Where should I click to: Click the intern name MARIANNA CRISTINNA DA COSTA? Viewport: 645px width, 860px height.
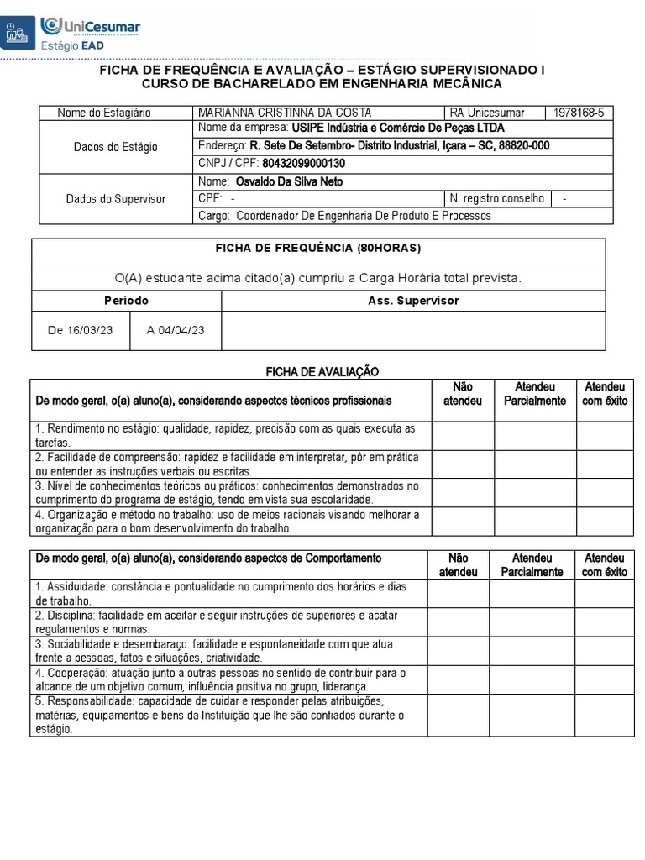pos(285,113)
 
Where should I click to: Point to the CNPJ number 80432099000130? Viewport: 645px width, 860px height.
pos(303,164)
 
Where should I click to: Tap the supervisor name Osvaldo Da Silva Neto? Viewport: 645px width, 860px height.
pos(289,181)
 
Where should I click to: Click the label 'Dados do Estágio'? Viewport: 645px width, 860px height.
pos(116,146)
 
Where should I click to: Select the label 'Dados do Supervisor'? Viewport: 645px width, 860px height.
pos(116,199)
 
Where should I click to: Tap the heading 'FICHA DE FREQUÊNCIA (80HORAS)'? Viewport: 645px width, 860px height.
pos(318,249)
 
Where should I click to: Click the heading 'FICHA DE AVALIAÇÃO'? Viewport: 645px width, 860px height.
pos(322,371)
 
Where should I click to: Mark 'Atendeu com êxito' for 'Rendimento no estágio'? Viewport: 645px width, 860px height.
pos(605,435)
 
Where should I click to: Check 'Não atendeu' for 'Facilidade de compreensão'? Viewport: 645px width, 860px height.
pos(462,464)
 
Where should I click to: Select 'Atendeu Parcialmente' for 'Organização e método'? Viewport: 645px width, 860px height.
pos(534,521)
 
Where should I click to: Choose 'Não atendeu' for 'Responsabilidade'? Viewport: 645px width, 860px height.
pos(457,715)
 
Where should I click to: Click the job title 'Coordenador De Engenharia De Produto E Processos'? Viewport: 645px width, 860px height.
pos(364,216)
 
